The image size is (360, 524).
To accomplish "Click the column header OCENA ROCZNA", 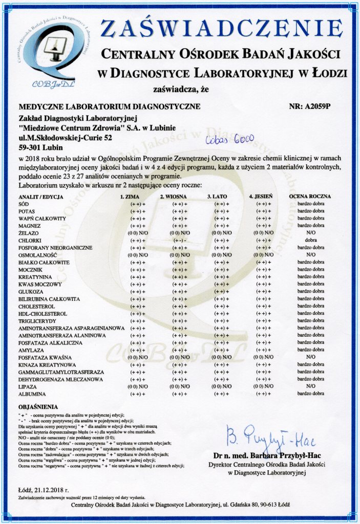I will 310,196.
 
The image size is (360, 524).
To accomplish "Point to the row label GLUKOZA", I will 30,292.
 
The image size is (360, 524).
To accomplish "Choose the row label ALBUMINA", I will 31,395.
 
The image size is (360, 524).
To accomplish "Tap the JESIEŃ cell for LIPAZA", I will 264,387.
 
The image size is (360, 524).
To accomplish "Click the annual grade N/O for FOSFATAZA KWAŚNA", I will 311,358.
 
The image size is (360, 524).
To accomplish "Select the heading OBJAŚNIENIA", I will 36,406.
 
